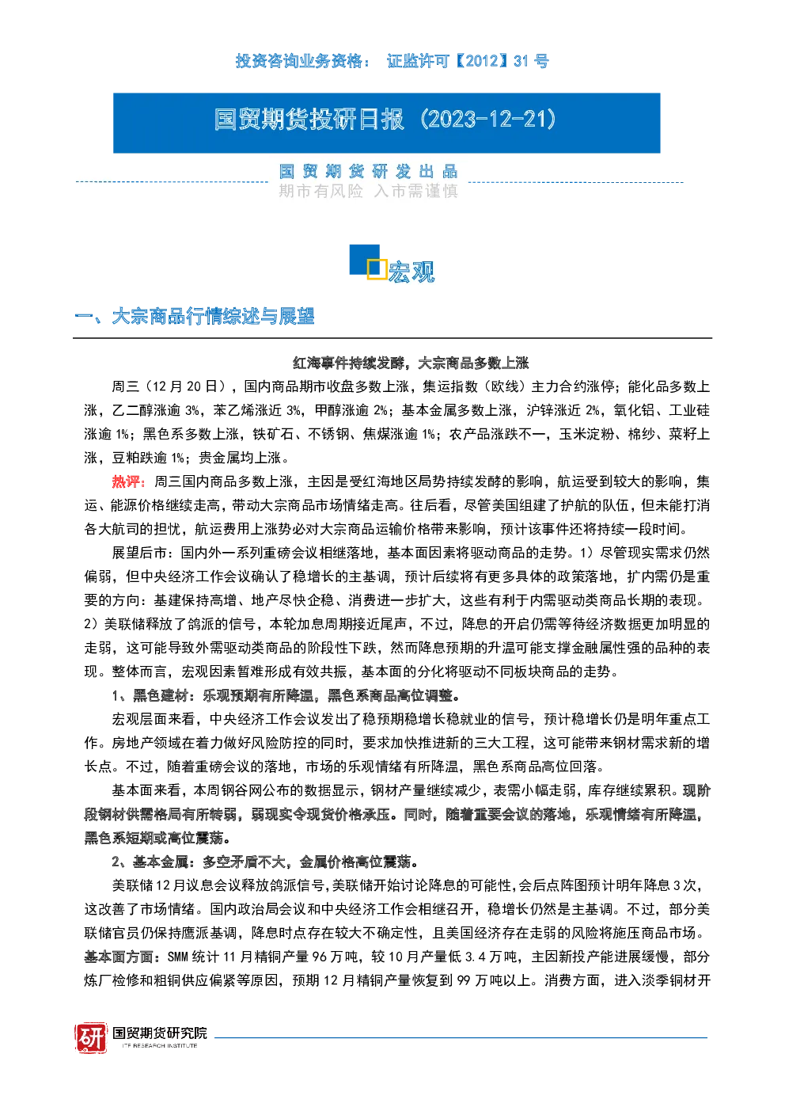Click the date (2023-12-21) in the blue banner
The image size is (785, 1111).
(488, 120)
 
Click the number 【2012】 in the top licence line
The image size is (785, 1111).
(480, 61)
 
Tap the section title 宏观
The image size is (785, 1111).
(411, 272)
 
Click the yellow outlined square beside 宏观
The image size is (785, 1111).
(377, 268)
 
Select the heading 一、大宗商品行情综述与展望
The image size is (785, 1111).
(194, 316)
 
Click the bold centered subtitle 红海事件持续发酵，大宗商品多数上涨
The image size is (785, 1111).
(411, 363)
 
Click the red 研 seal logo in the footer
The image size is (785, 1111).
(91, 1037)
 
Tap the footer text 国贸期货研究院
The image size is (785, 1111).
(160, 1033)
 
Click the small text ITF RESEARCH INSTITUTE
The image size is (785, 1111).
(160, 1045)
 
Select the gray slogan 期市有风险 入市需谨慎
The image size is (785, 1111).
(368, 191)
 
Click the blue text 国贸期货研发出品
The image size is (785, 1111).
(368, 172)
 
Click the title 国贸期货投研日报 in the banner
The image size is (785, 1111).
(309, 120)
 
